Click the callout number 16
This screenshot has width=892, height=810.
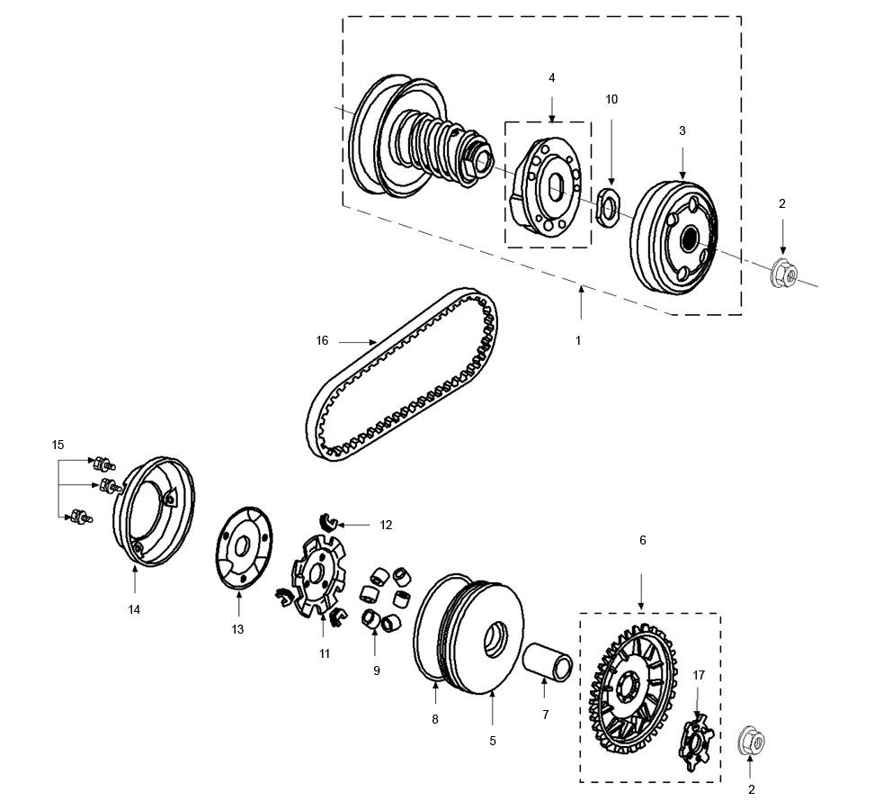(x=322, y=340)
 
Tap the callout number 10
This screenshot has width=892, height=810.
(x=611, y=100)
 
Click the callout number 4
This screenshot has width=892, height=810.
(x=551, y=78)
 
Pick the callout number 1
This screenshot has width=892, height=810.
(x=578, y=341)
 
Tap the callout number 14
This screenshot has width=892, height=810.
(x=134, y=609)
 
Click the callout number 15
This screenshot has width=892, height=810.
(x=58, y=445)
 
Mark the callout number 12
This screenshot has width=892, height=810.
(x=385, y=525)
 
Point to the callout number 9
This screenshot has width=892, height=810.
(x=377, y=670)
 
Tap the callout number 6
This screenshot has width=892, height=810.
(x=642, y=540)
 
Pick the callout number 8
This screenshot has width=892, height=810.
(x=434, y=719)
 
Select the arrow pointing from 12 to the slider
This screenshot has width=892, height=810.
(x=357, y=524)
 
